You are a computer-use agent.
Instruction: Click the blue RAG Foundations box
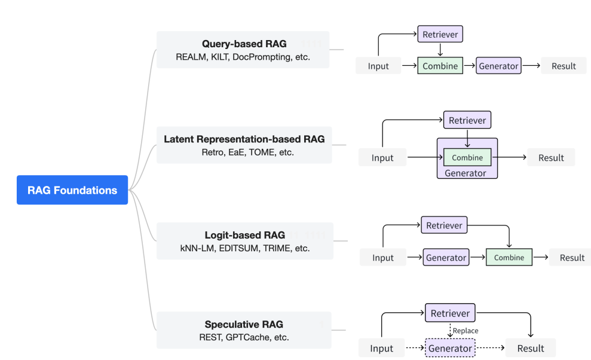point(72,190)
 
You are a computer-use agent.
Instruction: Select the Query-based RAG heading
point(244,44)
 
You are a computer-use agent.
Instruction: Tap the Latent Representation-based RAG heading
point(244,139)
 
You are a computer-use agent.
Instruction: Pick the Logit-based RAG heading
point(245,235)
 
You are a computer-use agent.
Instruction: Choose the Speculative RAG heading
point(244,325)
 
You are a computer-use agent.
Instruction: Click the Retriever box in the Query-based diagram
point(440,34)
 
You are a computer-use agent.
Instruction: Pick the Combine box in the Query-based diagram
point(440,66)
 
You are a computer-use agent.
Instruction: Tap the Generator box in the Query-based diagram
point(498,66)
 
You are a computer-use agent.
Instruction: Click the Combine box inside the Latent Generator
point(467,157)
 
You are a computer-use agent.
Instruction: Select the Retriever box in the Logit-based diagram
point(444,225)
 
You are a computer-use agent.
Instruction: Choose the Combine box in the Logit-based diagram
point(509,257)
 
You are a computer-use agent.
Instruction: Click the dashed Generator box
point(450,348)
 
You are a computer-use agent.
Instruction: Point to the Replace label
point(466,331)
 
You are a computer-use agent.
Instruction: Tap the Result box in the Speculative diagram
point(531,348)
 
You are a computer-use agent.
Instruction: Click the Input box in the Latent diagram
point(382,157)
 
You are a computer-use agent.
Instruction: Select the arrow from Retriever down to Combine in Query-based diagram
point(440,50)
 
